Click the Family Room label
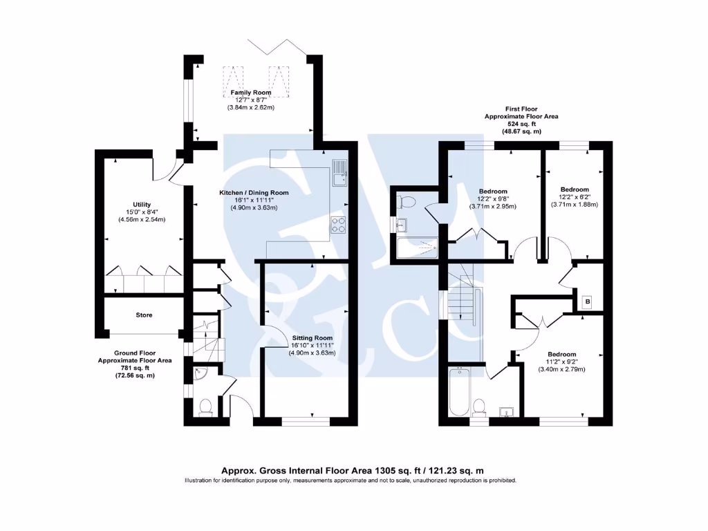pyautogui.click(x=251, y=93)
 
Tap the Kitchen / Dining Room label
pyautogui.click(x=254, y=192)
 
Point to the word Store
pyautogui.click(x=144, y=315)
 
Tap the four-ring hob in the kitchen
pyautogui.click(x=339, y=225)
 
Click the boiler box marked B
pyautogui.click(x=588, y=302)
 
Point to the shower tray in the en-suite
pyautogui.click(x=418, y=247)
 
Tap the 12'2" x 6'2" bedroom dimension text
pyautogui.click(x=575, y=197)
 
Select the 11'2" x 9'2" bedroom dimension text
pyautogui.click(x=561, y=361)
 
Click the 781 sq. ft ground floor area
pyautogui.click(x=135, y=368)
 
